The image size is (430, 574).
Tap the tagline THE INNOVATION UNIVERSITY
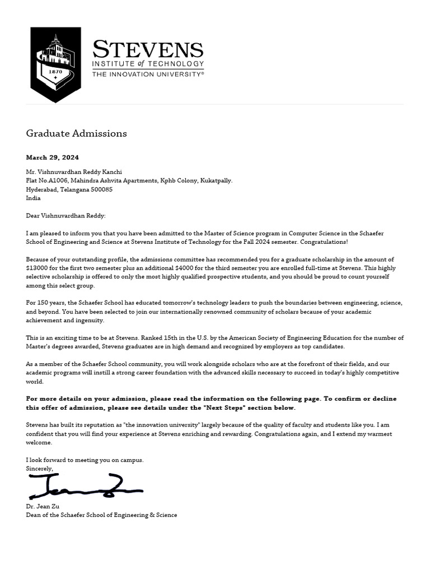(x=147, y=74)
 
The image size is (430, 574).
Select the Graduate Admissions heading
(x=76, y=133)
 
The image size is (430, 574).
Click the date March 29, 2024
(x=53, y=158)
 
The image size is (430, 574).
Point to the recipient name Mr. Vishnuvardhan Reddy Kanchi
(x=74, y=172)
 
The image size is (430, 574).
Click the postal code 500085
(x=101, y=189)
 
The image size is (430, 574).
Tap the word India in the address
(x=34, y=198)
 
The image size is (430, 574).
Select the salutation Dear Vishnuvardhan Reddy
(x=66, y=216)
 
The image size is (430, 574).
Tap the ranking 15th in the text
(x=165, y=338)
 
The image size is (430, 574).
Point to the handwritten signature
(x=84, y=487)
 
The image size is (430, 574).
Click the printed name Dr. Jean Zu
(x=43, y=506)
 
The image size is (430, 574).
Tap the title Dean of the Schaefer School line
(x=101, y=515)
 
